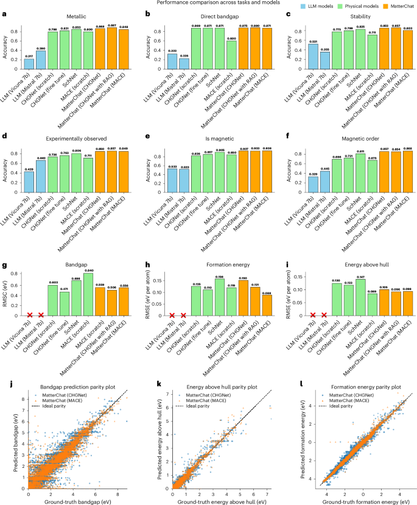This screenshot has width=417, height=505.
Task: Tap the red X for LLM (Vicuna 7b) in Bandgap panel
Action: (x=29, y=316)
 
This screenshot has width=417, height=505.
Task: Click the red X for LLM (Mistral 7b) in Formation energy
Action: (x=184, y=316)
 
